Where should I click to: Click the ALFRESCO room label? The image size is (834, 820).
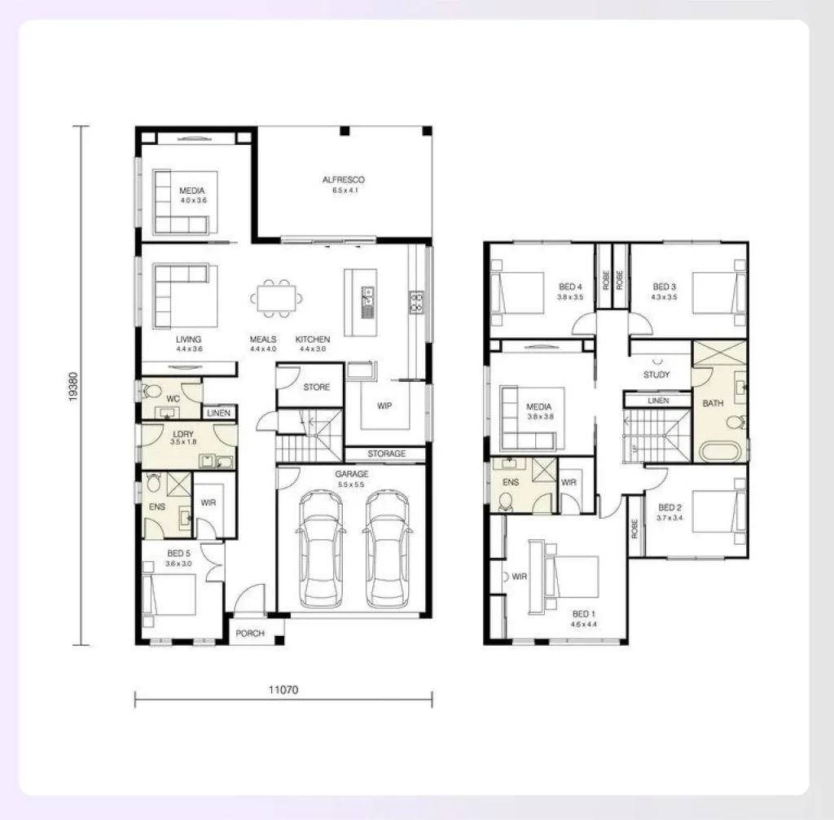[343, 179]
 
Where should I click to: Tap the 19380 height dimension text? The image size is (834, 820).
[73, 385]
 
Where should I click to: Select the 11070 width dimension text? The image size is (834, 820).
[283, 689]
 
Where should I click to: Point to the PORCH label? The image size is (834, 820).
[249, 634]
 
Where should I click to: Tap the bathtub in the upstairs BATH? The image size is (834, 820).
[719, 450]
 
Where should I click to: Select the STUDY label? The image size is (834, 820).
[656, 375]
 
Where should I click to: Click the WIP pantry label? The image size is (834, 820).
[384, 405]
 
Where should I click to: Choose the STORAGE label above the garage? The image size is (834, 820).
[386, 454]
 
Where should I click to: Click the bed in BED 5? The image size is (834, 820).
[169, 595]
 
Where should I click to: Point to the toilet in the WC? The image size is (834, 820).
[151, 391]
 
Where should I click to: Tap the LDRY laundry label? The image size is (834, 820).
[183, 434]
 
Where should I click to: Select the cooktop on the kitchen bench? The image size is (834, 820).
[417, 302]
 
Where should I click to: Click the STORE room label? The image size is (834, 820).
[316, 388]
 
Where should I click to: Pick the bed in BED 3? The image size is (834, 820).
[719, 292]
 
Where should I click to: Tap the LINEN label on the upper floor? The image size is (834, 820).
[658, 401]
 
